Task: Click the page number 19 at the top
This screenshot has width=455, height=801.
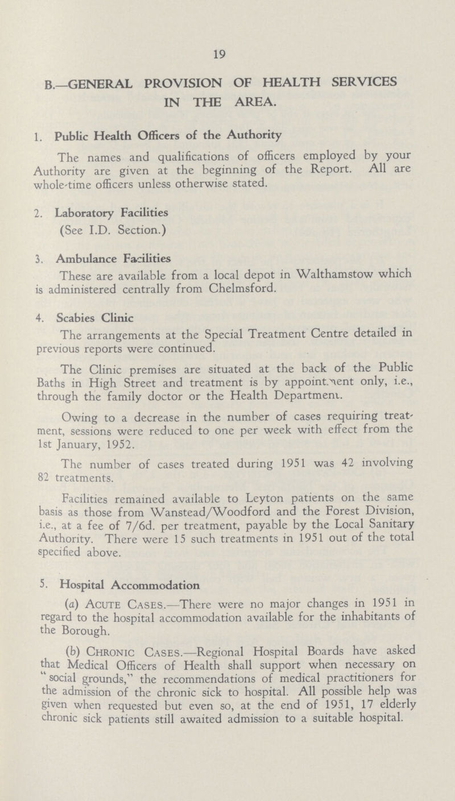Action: click(x=226, y=55)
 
